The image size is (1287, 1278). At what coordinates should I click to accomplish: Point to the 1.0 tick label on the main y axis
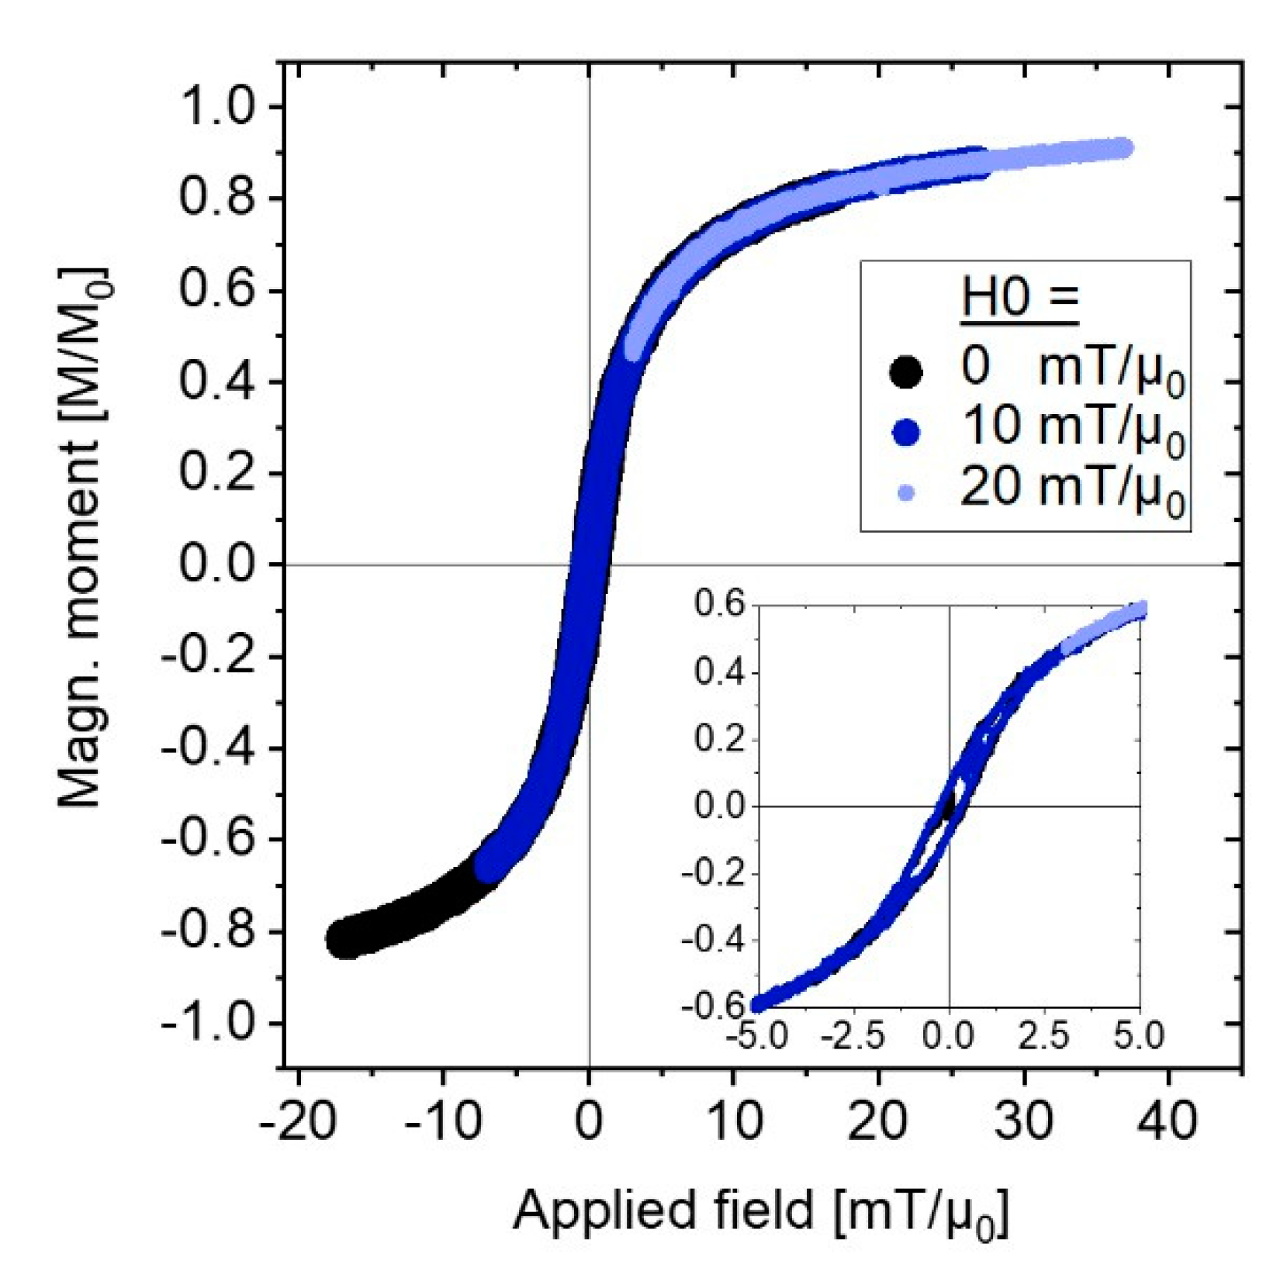click(216, 106)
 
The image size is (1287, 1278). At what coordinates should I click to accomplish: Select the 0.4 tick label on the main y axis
click(216, 382)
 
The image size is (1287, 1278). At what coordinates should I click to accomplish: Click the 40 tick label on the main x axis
click(1168, 1120)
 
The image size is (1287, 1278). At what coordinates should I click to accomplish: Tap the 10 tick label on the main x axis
click(733, 1120)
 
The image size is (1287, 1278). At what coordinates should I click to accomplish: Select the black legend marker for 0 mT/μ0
click(905, 371)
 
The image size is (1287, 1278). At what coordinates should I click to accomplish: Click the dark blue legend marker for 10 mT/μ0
click(905, 432)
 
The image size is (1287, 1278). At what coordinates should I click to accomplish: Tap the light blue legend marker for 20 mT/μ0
click(905, 492)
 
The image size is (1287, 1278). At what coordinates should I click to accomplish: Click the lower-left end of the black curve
click(341, 941)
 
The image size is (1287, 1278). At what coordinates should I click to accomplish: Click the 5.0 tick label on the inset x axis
click(1139, 1036)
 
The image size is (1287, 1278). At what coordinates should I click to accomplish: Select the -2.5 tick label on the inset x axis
click(853, 1036)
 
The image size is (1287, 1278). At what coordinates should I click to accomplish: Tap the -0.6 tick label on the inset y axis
click(711, 1006)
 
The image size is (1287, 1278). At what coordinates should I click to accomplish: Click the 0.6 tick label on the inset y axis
click(719, 605)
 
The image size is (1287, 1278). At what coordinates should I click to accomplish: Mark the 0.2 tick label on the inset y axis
click(719, 738)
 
